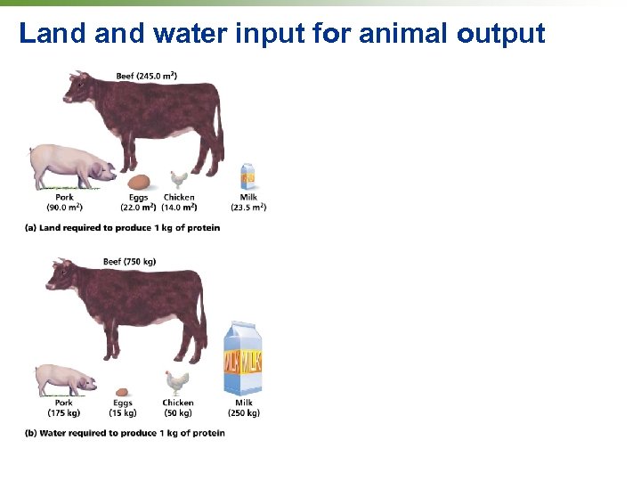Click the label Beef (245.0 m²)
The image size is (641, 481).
coord(146,76)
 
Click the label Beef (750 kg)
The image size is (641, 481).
coord(129,261)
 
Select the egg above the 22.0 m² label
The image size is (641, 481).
coord(138,183)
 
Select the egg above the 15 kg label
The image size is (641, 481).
coord(123,391)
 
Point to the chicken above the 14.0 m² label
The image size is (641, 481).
coord(179,180)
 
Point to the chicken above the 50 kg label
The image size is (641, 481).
coord(177,383)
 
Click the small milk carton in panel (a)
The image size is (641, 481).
coord(248,175)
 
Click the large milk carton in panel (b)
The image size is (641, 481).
coord(243,358)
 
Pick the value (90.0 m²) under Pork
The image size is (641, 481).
coord(64,208)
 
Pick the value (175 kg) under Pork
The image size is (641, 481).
coord(64,413)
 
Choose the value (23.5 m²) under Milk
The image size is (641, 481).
coord(248,208)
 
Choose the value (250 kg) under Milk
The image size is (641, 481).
coord(243,413)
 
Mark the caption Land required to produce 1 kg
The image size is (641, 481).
coord(122,228)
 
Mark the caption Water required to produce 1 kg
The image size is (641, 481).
coord(125,433)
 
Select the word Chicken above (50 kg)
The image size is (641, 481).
coord(178,403)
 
